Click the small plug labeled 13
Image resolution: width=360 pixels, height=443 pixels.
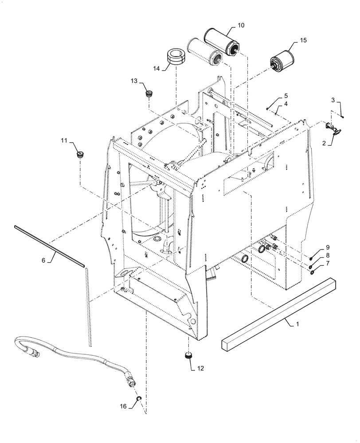(x=149, y=94)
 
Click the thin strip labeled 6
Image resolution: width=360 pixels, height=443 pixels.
(x=49, y=246)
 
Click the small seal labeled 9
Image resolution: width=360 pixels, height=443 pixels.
(x=313, y=259)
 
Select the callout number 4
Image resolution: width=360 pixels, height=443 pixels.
(x=286, y=104)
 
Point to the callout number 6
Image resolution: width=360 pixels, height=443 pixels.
(x=43, y=261)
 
